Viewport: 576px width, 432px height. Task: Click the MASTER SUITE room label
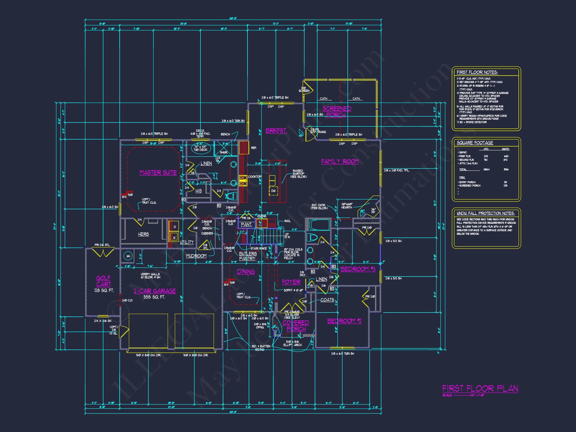[158, 173]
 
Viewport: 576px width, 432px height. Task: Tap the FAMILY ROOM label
[339, 161]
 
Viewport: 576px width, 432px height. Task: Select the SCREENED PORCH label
[337, 112]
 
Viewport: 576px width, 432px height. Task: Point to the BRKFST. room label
[276, 131]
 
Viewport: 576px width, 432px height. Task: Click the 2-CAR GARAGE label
[155, 291]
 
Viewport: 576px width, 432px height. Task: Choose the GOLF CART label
[103, 281]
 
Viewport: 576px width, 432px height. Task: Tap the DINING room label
[246, 272]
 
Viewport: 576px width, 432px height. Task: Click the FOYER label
[291, 282]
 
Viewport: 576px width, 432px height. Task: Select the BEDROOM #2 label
[344, 321]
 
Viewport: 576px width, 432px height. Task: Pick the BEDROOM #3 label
[358, 269]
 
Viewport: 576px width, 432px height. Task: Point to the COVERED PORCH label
[296, 326]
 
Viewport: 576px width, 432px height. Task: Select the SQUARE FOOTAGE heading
[475, 143]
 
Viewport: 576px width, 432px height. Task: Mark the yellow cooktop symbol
[243, 181]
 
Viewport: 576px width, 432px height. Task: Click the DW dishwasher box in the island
[273, 191]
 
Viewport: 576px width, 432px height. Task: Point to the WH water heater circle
[128, 256]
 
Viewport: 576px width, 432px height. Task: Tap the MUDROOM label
[196, 256]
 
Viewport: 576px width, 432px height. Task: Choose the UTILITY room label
[187, 242]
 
